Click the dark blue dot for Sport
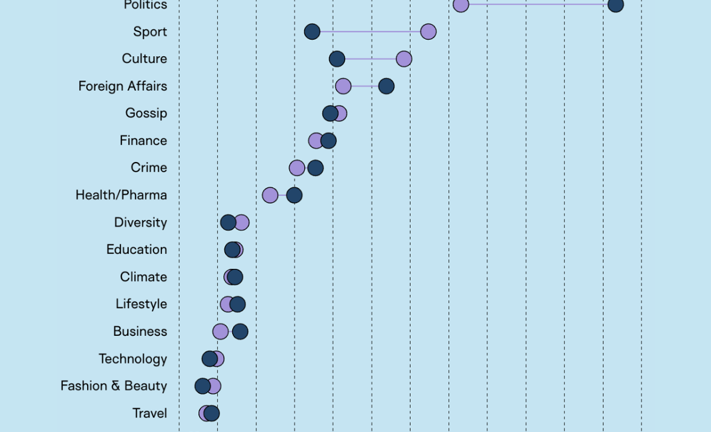pos(312,31)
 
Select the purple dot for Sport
pos(428,31)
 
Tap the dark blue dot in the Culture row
pos(337,59)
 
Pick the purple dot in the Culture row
pos(404,59)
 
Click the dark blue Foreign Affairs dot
pos(386,86)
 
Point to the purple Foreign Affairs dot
pos(343,86)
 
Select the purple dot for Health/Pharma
pos(270,195)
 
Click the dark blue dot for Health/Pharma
pos(294,195)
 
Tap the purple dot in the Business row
pos(221,332)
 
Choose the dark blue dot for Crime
pos(316,168)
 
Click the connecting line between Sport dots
pos(370,31)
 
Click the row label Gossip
pos(146,113)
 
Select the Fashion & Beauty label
pos(114,386)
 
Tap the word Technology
pos(133,359)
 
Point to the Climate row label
pos(143,277)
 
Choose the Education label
pos(137,250)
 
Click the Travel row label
pos(150,413)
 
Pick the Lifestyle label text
pos(141,304)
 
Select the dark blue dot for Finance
pos(329,141)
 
